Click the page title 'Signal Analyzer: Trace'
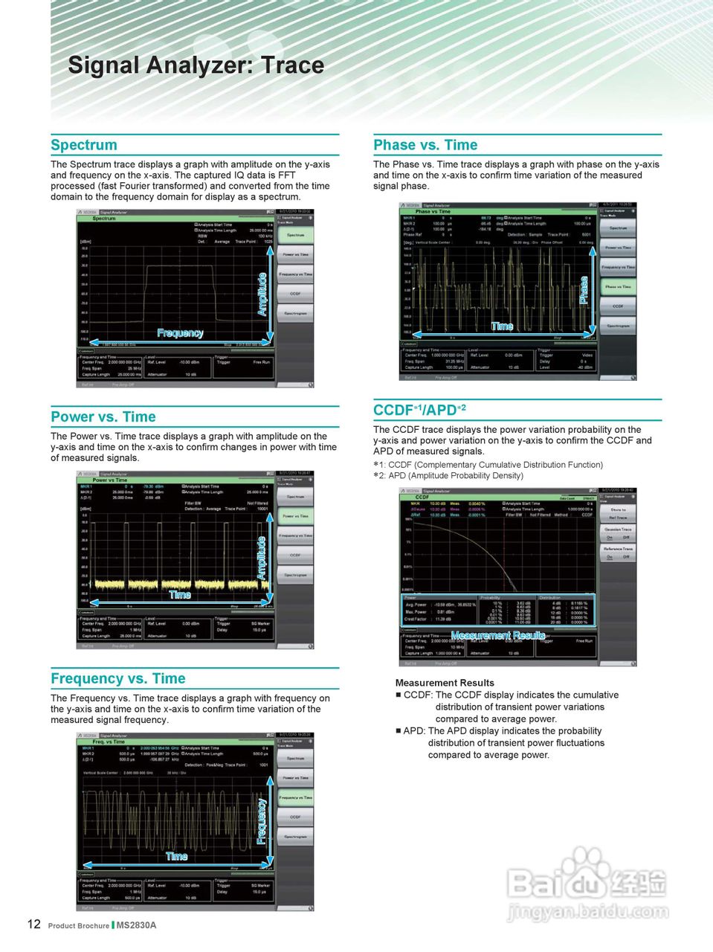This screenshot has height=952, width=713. [196, 65]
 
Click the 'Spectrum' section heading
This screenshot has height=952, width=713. [84, 145]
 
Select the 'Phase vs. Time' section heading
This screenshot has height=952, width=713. [425, 145]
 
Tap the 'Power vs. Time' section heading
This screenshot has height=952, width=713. [103, 417]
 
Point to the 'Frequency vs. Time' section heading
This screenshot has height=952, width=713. [118, 679]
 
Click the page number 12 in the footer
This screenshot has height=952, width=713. [34, 924]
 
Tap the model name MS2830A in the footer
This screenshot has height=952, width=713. [137, 925]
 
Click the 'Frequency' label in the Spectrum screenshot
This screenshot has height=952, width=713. [180, 333]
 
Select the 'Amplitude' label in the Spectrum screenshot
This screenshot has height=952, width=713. [262, 295]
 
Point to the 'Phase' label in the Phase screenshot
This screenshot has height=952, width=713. [584, 290]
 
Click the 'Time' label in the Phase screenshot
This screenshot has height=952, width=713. [502, 326]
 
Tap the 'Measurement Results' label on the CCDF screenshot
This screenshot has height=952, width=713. [498, 635]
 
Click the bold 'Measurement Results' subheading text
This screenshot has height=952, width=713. [445, 683]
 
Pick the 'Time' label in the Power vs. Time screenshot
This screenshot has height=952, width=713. [180, 594]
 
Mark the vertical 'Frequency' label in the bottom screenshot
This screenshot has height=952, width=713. [262, 821]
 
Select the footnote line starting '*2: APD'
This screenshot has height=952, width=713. [448, 476]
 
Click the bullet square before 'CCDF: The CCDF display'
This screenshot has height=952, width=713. [399, 695]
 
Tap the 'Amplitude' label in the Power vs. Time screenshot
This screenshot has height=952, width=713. [262, 558]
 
